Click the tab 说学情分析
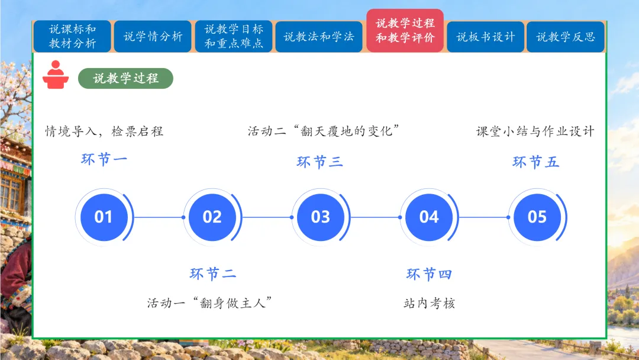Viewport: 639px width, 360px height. pyautogui.click(x=153, y=37)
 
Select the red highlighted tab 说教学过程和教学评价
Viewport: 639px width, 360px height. pyautogui.click(x=405, y=31)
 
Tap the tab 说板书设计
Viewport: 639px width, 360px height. pyautogui.click(x=485, y=37)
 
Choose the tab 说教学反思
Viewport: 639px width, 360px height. pyautogui.click(x=565, y=37)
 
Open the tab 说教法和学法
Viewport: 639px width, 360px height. pyautogui.click(x=319, y=37)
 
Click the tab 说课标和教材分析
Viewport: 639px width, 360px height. pyautogui.click(x=72, y=36)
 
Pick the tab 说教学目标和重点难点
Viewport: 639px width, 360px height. pyautogui.click(x=234, y=36)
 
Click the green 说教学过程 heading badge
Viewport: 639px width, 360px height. pyautogui.click(x=125, y=78)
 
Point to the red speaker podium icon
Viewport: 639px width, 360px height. pyautogui.click(x=56, y=75)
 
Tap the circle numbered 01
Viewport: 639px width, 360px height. pyautogui.click(x=104, y=217)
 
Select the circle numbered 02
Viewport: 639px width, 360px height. pyautogui.click(x=212, y=217)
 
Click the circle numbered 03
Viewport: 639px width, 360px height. pyautogui.click(x=320, y=217)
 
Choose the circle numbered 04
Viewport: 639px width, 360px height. pyautogui.click(x=429, y=217)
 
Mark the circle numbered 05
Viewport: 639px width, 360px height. pyautogui.click(x=537, y=217)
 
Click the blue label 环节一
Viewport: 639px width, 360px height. pyautogui.click(x=104, y=159)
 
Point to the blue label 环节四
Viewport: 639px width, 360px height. pyautogui.click(x=429, y=274)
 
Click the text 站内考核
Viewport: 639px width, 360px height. pyautogui.click(x=429, y=303)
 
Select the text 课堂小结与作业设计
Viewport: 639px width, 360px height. pyautogui.click(x=535, y=131)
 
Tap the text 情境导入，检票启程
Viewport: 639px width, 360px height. pyautogui.click(x=104, y=131)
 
